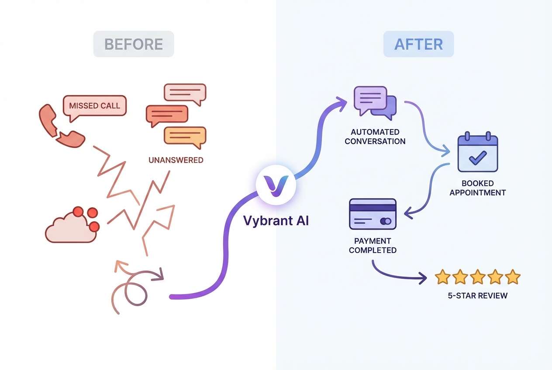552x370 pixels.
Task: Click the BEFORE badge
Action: point(134,44)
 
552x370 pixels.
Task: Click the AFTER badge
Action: point(418,44)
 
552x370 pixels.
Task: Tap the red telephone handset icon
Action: point(61,126)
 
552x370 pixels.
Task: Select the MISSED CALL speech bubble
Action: point(94,106)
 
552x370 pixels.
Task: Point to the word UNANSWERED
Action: point(176,160)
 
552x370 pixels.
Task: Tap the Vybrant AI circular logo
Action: point(276,184)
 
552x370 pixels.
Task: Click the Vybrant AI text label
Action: point(276,221)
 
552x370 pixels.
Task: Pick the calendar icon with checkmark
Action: point(477,153)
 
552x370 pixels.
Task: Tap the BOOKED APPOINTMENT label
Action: point(477,188)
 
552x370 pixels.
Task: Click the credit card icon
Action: point(373,214)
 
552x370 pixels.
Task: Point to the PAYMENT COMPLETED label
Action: point(373,246)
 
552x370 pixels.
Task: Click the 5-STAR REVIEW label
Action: point(478,296)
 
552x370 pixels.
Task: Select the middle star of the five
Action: point(478,277)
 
